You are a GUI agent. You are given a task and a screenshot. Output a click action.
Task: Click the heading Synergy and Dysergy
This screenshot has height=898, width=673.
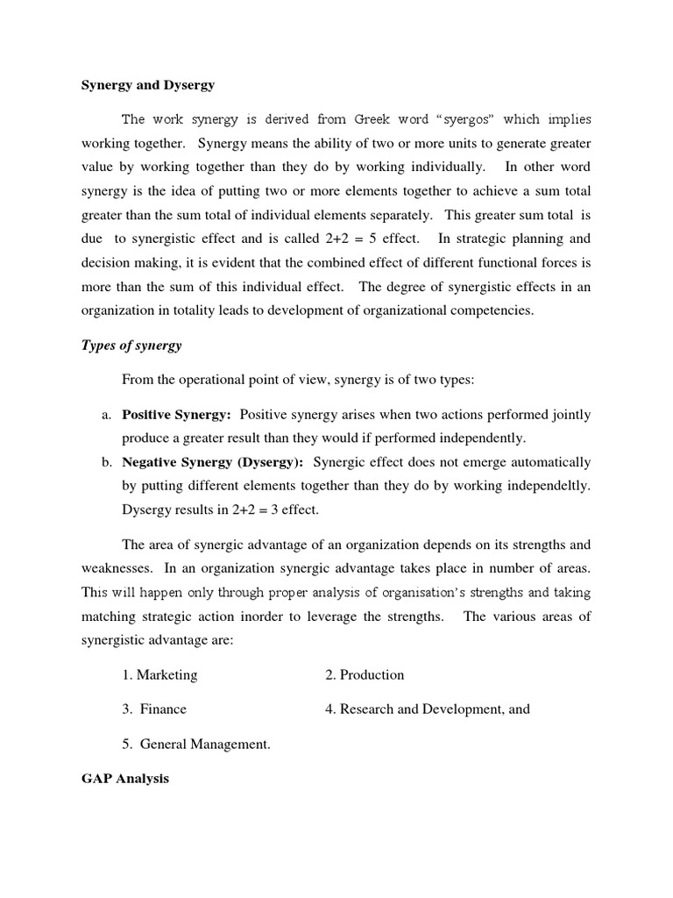147,85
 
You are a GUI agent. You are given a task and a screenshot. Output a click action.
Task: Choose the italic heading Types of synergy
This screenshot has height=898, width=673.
131,346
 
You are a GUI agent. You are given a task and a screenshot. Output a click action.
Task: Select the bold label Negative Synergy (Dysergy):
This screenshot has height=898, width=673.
213,462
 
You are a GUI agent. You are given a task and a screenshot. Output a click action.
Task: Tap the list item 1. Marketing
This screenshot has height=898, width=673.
159,674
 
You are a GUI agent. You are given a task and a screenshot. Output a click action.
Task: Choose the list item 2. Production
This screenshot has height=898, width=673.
365,674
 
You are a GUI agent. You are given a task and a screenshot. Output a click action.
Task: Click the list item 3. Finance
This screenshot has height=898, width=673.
154,709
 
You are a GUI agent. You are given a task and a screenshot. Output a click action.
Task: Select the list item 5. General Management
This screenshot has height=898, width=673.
195,744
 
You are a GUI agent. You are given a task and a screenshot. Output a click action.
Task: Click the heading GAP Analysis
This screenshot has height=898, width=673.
124,779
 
